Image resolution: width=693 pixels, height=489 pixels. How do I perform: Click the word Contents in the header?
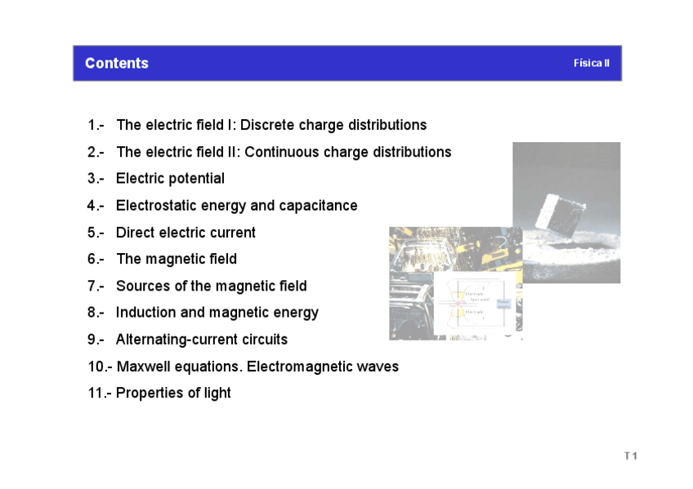[116, 64]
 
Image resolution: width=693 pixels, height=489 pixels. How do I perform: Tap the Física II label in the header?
[591, 64]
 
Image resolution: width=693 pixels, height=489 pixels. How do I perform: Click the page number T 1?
[630, 456]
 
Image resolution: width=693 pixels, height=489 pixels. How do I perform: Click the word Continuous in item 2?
[282, 153]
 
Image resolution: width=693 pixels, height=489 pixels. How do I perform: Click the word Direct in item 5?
[135, 233]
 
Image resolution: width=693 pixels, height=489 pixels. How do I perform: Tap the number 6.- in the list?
[96, 260]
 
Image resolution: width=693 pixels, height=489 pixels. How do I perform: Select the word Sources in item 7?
[141, 287]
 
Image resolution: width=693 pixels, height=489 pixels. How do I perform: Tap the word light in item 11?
[217, 393]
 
